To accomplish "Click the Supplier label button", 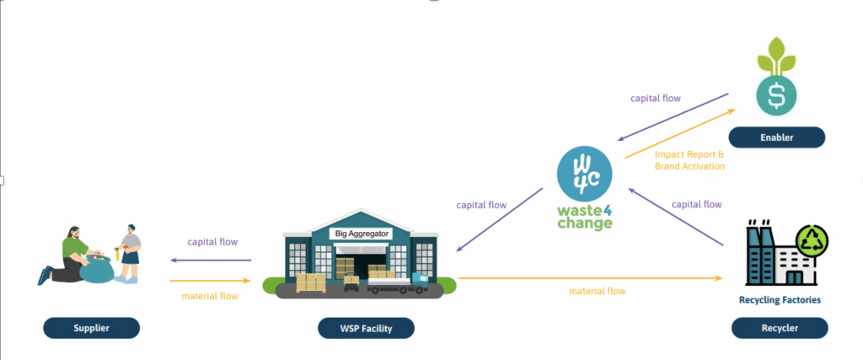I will [91, 327].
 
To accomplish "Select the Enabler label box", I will [777, 137].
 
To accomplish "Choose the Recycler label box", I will [779, 327].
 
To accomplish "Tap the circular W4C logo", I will [584, 175].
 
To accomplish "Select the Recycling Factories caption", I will [779, 299].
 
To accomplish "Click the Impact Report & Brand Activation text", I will [689, 159].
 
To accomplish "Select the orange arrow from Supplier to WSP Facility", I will [211, 280].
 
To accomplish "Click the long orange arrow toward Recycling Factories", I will [590, 277].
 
